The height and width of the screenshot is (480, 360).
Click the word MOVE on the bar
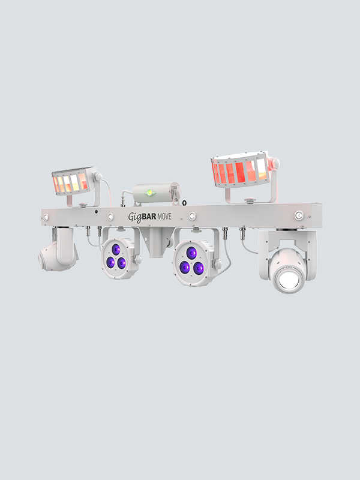point(164,217)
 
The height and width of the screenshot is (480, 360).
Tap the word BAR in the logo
point(149,217)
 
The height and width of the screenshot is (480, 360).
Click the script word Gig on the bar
point(134,217)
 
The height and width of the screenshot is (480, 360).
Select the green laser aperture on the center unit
point(149,193)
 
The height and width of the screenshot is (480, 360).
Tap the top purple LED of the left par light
point(116,250)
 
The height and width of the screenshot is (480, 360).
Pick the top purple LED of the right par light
point(191,253)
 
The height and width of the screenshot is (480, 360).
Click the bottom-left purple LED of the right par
point(185,267)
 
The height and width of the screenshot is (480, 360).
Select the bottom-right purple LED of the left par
point(122,263)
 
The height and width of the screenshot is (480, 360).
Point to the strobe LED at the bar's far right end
point(299,215)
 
